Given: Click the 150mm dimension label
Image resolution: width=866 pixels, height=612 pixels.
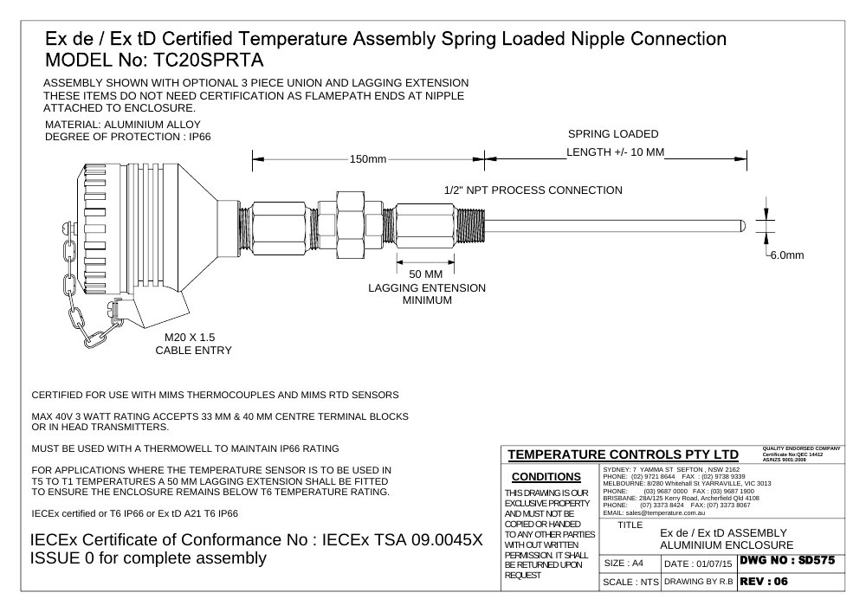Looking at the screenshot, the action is pos(368,159).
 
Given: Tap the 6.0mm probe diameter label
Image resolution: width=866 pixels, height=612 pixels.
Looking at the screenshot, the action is pos(787,255).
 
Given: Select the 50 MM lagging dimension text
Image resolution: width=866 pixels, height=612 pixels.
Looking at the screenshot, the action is pos(426,274).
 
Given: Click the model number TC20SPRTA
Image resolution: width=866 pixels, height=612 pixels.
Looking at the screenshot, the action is pos(207,60).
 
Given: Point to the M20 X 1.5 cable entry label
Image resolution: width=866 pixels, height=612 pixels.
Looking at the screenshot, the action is pos(190,338).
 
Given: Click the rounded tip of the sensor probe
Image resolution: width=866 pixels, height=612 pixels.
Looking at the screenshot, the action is pos(743,226).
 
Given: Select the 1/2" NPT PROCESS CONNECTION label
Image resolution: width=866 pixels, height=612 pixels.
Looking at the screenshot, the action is pos(533,190).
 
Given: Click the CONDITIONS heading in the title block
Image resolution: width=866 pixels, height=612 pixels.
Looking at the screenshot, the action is pos(546,477).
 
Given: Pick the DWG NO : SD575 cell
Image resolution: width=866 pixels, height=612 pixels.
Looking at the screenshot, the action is pos(787,561).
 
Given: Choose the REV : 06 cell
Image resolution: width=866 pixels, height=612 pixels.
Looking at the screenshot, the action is pos(764,581).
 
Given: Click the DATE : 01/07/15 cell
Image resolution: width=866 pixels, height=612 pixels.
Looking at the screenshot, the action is pos(698,564).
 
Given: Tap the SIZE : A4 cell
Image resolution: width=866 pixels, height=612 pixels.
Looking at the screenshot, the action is pos(624,563).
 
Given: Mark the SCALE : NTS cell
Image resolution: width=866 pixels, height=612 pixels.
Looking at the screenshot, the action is pos(630,582).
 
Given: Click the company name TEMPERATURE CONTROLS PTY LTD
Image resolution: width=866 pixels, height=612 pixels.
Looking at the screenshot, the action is pos(623,454).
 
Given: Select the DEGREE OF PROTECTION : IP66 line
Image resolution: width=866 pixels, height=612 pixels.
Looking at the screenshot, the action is pos(127,137).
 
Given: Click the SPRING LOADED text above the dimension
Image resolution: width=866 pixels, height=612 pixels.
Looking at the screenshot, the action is pos(613,134).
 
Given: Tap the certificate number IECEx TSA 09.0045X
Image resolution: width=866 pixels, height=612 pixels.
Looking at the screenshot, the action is pos(402,539).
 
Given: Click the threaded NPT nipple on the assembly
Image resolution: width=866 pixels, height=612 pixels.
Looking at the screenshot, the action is pos(470,226).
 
